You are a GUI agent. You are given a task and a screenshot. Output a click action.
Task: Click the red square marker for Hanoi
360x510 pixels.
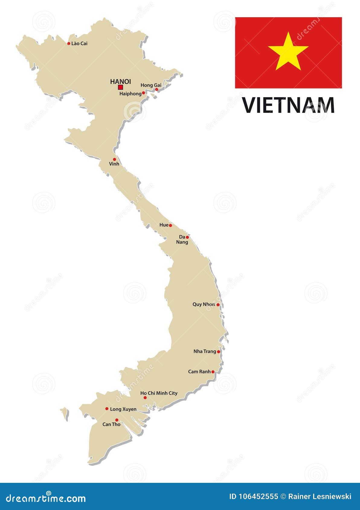tap(121, 87)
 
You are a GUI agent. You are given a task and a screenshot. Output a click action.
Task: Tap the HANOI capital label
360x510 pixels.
tap(121, 81)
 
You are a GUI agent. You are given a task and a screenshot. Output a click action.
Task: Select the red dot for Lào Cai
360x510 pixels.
tap(69, 43)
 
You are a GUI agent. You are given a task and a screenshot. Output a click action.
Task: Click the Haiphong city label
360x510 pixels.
tap(130, 94)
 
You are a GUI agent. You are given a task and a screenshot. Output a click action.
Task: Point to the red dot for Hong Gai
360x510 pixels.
tap(156, 89)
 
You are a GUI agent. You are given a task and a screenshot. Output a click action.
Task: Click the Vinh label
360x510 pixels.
tap(114, 164)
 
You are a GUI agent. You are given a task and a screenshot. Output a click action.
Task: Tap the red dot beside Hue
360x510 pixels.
tap(170, 225)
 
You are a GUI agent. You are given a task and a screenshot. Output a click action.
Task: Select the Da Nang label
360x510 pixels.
tap(182, 239)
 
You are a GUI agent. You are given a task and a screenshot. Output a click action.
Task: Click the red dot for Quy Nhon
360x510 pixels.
tap(218, 305)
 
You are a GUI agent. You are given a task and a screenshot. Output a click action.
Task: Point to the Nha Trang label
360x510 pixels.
tap(204, 351)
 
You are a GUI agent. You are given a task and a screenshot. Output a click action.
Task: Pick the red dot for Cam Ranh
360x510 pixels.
tap(213, 372)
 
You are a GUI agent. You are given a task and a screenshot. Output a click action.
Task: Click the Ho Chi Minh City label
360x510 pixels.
tap(159, 393)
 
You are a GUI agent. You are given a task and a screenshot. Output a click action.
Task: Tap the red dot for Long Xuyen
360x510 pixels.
tap(107, 409)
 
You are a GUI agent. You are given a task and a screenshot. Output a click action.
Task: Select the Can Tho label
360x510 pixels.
tap(111, 424)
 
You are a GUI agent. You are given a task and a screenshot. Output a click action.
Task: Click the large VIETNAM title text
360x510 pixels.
tap(288, 105)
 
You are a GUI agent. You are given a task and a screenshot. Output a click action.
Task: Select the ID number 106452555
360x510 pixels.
tap(254, 496)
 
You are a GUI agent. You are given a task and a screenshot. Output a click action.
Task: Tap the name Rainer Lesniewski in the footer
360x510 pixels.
tap(320, 496)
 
